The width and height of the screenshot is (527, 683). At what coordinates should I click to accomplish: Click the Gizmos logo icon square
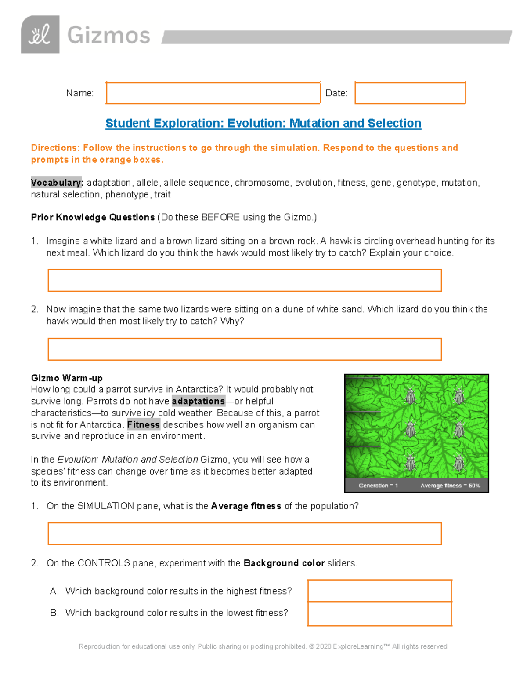click(x=40, y=35)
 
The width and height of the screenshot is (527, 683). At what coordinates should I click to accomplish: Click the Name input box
click(x=213, y=93)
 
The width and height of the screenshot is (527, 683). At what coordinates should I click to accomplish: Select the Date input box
click(x=410, y=93)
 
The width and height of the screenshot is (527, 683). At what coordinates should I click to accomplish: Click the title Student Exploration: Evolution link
click(x=263, y=123)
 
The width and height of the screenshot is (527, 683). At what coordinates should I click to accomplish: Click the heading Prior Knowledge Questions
click(x=93, y=217)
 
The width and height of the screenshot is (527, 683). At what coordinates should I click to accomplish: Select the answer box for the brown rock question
click(x=245, y=281)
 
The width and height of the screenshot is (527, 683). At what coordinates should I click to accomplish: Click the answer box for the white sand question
click(x=245, y=349)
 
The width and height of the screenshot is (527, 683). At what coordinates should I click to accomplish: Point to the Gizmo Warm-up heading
click(x=67, y=378)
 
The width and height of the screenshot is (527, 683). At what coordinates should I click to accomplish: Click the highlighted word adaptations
click(x=198, y=401)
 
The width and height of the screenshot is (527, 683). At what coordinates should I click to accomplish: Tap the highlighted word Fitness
click(x=144, y=425)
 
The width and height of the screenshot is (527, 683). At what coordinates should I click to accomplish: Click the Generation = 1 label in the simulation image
click(x=378, y=486)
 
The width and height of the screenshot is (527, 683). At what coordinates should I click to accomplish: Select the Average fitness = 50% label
click(x=450, y=486)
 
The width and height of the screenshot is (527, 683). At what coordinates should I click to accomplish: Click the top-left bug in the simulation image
click(x=410, y=396)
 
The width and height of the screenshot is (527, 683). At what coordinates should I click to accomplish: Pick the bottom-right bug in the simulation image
click(x=459, y=463)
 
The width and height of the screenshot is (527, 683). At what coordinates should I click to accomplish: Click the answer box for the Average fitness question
click(x=245, y=534)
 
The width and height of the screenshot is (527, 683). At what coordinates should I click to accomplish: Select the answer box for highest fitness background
click(x=379, y=591)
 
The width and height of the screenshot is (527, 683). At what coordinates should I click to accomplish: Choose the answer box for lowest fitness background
click(x=379, y=614)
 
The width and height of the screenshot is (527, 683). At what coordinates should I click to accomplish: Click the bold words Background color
click(x=284, y=563)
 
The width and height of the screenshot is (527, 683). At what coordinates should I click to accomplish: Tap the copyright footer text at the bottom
click(x=263, y=646)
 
